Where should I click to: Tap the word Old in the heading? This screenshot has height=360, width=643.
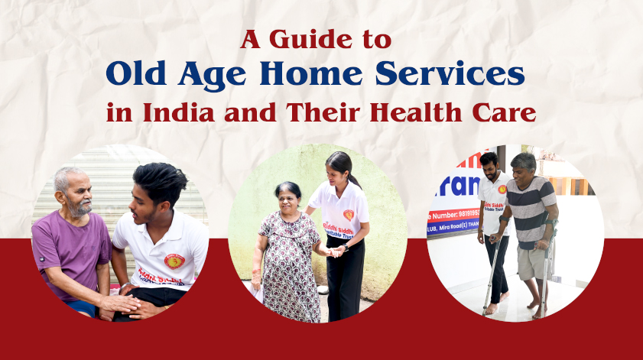coord(137,74)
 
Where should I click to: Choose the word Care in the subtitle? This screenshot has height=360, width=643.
coord(508,113)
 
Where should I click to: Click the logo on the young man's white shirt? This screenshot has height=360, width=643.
coord(174,261)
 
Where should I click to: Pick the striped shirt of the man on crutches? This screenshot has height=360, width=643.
coord(533,210)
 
